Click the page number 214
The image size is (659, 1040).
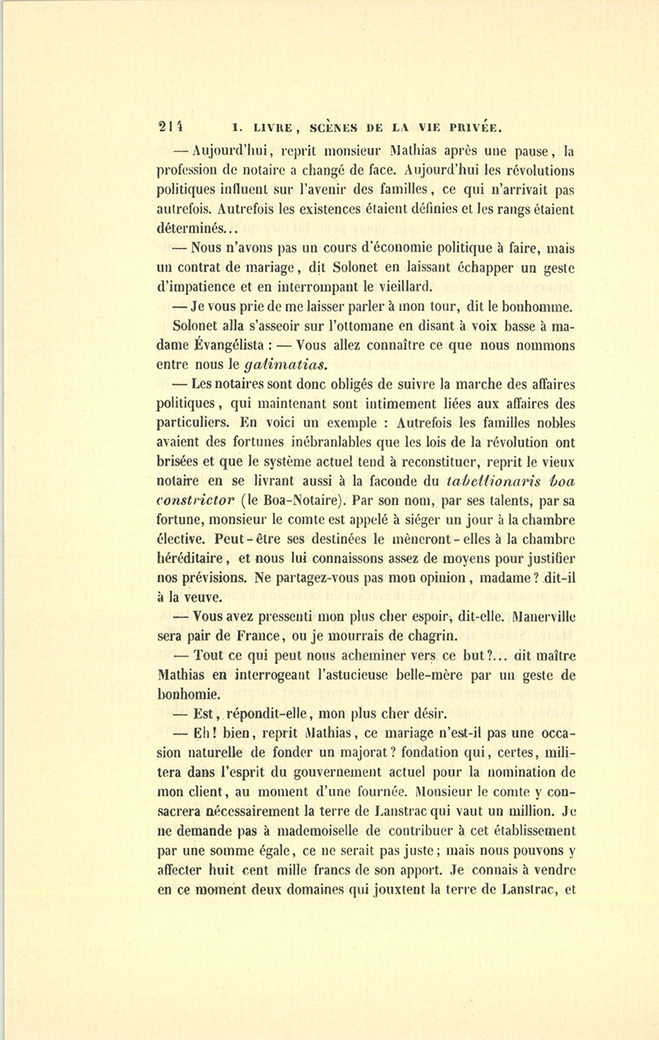pos(173,126)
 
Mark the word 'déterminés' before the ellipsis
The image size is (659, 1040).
pos(190,229)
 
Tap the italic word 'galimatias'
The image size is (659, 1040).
pos(284,364)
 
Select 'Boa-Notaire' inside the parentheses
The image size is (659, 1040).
pos(297,501)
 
